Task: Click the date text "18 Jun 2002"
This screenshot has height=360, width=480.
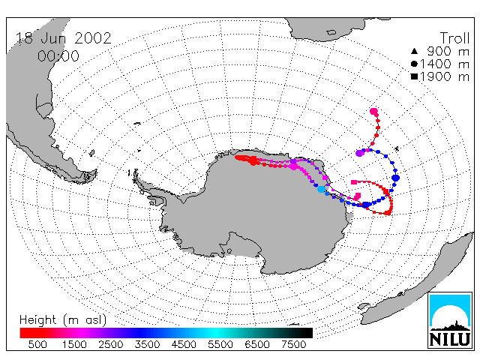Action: (64, 38)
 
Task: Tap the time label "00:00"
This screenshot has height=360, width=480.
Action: (58, 56)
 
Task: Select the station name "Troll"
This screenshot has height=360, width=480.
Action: (454, 38)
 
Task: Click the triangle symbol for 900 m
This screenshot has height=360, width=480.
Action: (414, 51)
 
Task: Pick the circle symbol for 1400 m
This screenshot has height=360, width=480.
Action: (414, 64)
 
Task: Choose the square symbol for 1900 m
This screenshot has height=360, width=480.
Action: (414, 76)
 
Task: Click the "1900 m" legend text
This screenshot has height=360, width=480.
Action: (445, 76)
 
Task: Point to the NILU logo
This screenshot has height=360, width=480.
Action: (450, 320)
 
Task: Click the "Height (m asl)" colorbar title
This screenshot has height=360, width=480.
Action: (63, 320)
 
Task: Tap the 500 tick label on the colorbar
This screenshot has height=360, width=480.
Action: (37, 344)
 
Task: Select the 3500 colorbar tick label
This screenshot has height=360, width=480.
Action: (147, 344)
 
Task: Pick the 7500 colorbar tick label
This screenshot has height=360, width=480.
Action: (293, 344)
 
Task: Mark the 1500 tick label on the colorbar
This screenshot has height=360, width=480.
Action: (74, 344)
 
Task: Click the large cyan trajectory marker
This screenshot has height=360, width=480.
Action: (321, 189)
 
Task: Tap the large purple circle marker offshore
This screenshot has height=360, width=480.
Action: (360, 153)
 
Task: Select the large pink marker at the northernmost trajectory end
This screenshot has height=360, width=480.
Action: (373, 112)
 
